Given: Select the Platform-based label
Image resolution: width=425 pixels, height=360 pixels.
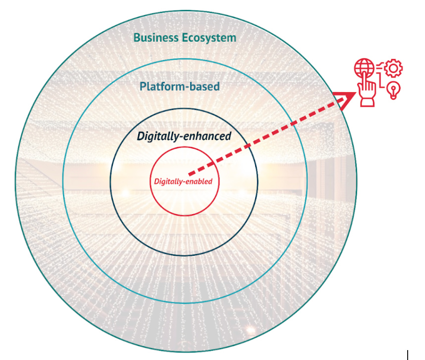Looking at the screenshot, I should (x=179, y=87).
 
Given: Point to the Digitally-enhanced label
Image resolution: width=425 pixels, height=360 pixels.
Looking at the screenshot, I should (x=184, y=136).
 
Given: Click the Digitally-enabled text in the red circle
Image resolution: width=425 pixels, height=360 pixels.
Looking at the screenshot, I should (x=183, y=181).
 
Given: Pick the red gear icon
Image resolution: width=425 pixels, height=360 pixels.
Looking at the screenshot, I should (x=394, y=68).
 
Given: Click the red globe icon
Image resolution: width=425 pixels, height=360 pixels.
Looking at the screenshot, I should (x=364, y=68).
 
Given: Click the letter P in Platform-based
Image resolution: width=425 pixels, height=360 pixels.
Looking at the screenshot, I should (x=143, y=87).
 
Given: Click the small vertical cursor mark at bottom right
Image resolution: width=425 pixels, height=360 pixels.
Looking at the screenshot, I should (x=408, y=354).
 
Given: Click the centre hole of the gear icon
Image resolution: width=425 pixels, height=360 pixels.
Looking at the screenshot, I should (x=394, y=68).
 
